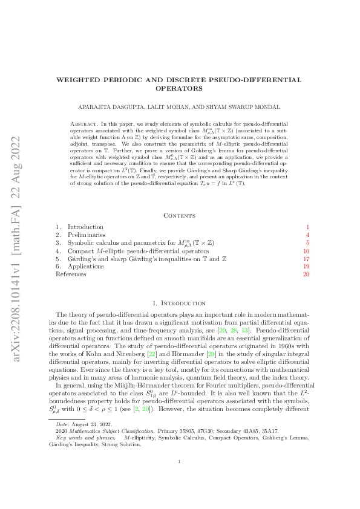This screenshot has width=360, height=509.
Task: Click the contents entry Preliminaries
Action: point(87,235)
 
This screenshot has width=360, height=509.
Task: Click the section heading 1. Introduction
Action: point(180,302)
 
